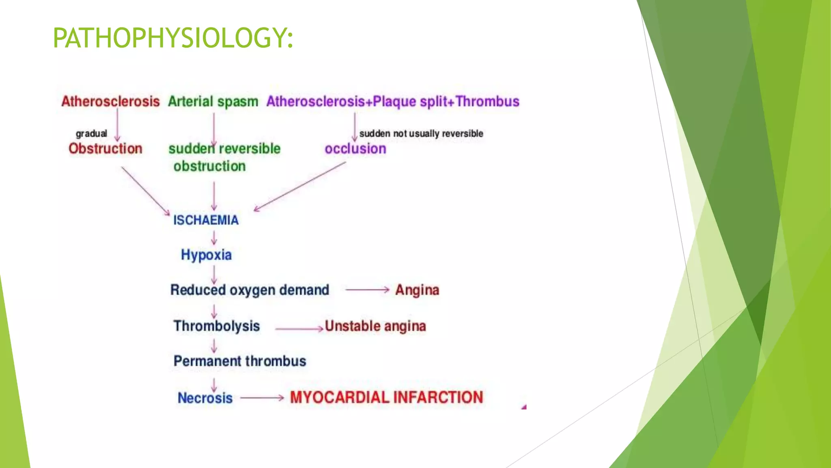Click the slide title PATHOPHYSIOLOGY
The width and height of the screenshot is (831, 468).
click(x=172, y=38)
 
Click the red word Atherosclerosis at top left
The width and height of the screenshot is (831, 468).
click(x=110, y=101)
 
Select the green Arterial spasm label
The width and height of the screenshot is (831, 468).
click(x=213, y=101)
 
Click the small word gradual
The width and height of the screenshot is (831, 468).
click(x=91, y=134)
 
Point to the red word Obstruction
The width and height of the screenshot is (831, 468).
click(x=105, y=149)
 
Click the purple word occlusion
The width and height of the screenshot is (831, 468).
click(x=355, y=149)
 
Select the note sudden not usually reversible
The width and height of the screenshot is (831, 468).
click(x=421, y=134)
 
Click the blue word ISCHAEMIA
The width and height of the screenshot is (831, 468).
click(x=206, y=220)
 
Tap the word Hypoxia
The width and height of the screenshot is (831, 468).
click(x=206, y=255)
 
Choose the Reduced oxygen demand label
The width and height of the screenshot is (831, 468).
click(x=250, y=290)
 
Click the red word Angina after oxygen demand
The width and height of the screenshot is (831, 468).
click(x=417, y=290)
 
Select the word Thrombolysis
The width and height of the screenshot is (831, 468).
click(x=216, y=326)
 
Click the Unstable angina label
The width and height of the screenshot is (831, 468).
click(x=375, y=326)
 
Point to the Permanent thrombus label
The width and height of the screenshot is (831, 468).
click(x=239, y=361)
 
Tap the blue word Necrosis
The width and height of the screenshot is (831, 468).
click(x=205, y=398)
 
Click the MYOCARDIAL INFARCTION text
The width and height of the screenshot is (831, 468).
click(x=386, y=397)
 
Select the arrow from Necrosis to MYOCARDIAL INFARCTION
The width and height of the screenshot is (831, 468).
click(x=262, y=398)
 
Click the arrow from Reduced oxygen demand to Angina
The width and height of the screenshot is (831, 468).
click(x=367, y=290)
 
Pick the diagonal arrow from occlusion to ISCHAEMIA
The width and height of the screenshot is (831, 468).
click(x=300, y=186)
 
